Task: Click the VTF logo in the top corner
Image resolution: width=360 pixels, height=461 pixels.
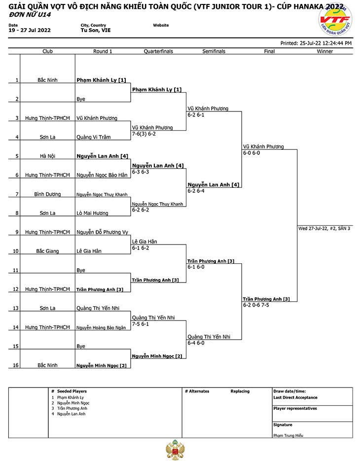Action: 335,20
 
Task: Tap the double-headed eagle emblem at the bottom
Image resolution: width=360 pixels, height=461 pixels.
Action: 175,450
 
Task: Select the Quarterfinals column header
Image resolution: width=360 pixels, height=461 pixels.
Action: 158,51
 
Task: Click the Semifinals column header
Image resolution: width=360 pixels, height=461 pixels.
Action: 214,51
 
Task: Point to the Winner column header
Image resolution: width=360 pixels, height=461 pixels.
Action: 324,51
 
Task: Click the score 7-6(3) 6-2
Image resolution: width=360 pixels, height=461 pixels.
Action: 144,134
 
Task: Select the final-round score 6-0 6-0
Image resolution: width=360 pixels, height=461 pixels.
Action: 252,153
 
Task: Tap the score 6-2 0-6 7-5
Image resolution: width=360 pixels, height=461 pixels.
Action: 256,305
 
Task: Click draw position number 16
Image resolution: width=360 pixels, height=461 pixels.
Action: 16,365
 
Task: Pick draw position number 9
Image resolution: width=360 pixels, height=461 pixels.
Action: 17,232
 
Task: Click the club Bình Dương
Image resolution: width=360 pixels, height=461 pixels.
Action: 47,194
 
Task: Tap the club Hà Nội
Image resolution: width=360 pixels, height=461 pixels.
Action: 47,156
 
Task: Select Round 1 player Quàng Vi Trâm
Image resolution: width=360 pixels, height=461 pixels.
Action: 94,137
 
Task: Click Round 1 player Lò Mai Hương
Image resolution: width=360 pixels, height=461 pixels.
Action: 92,213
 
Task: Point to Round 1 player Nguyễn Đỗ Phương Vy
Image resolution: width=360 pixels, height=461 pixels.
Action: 103,232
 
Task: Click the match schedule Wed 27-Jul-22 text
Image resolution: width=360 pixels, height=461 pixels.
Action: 324,228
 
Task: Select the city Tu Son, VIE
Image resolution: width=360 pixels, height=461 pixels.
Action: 96,30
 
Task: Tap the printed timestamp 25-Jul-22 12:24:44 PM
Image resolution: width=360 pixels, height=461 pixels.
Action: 325,43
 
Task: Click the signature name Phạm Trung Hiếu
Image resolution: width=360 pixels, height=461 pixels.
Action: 288,435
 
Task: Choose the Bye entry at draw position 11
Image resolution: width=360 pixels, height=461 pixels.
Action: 80,270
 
